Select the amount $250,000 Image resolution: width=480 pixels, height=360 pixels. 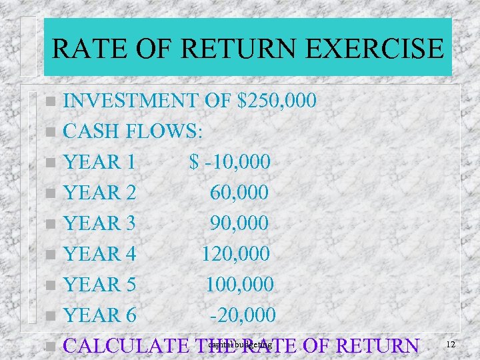click(275, 101)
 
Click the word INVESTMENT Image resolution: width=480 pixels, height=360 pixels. click(130, 101)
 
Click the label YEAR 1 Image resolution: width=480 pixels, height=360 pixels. click(99, 162)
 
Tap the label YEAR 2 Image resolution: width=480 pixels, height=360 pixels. click(99, 193)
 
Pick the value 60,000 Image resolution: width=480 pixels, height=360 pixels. click(239, 193)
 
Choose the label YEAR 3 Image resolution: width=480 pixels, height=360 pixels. click(99, 223)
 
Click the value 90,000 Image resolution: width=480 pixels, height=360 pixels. click(239, 223)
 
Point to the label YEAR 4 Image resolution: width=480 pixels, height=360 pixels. click(99, 254)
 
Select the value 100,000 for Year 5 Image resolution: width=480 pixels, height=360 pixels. click(239, 285)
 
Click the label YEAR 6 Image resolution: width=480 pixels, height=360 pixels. click(99, 315)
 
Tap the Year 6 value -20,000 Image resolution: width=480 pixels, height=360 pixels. click(243, 315)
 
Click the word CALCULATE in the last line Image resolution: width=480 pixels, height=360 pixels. click(127, 346)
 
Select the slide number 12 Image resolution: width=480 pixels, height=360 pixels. click(451, 344)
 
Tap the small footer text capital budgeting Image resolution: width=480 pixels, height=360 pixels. click(240, 345)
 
